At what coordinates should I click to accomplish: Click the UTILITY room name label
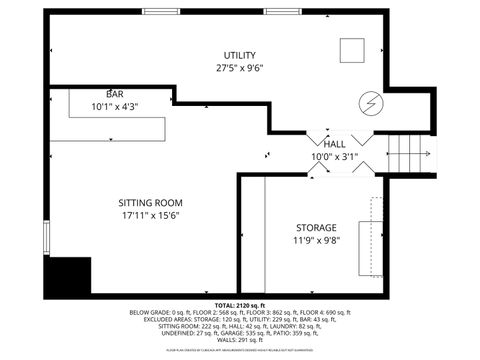click(x=240, y=55)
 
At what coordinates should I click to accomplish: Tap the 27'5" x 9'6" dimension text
click(x=240, y=69)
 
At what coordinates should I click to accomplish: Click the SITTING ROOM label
click(x=149, y=201)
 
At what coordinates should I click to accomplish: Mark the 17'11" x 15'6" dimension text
click(x=149, y=215)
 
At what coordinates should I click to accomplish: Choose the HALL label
click(x=334, y=143)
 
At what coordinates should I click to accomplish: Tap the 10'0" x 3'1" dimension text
click(x=334, y=156)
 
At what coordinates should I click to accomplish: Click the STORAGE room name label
click(x=316, y=228)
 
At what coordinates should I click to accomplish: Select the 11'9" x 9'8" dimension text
click(x=316, y=241)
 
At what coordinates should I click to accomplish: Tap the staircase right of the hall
click(x=411, y=154)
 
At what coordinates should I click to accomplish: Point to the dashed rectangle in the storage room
click(x=378, y=236)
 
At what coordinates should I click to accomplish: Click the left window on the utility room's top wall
click(x=161, y=11)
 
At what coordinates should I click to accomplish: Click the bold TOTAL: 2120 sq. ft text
click(x=240, y=304)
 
